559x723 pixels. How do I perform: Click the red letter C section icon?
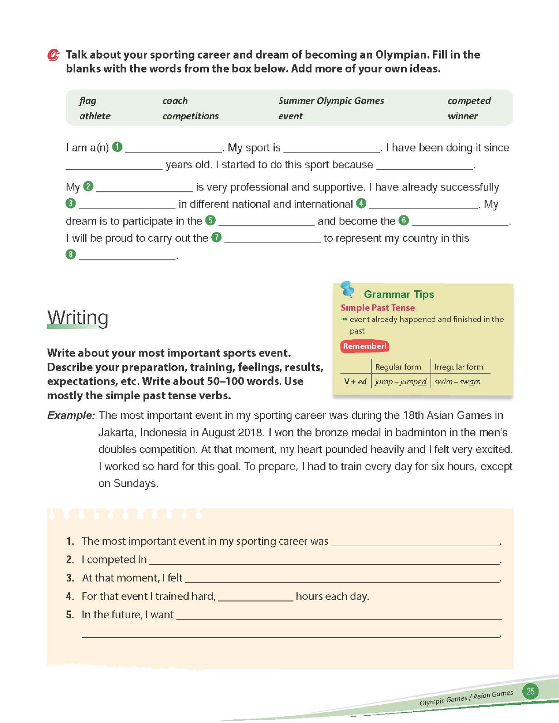[53, 55]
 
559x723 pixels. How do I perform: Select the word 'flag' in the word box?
[87, 101]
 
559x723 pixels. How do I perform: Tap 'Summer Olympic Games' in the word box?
[331, 101]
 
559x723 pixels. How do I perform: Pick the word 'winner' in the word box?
[462, 116]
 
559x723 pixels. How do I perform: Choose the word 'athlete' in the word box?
[95, 116]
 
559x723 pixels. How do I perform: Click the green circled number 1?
[117, 147]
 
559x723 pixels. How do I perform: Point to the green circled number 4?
[361, 203]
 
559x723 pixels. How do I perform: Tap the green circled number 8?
[71, 254]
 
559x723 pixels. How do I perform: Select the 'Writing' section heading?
[78, 318]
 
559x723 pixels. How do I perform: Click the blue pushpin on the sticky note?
[348, 288]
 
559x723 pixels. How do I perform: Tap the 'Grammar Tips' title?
[399, 294]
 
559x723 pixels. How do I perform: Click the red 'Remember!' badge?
[365, 346]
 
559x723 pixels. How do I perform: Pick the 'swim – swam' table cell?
[457, 381]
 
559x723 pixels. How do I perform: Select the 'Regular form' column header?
[398, 366]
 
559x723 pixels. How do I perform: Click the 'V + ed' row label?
[355, 381]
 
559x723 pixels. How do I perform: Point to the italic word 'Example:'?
[71, 415]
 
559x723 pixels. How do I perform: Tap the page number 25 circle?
[530, 691]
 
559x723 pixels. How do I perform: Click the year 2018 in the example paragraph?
[250, 432]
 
